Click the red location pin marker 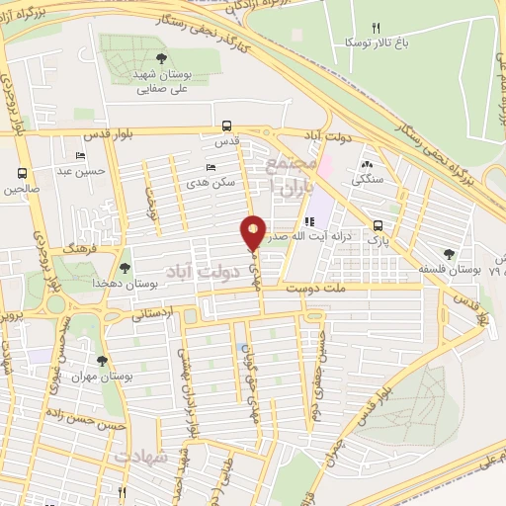(253, 232)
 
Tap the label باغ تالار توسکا (371, 42)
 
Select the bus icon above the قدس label (227, 126)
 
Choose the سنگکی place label (367, 181)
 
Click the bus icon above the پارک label (378, 224)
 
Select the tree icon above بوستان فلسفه (450, 253)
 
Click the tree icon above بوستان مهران (103, 361)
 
